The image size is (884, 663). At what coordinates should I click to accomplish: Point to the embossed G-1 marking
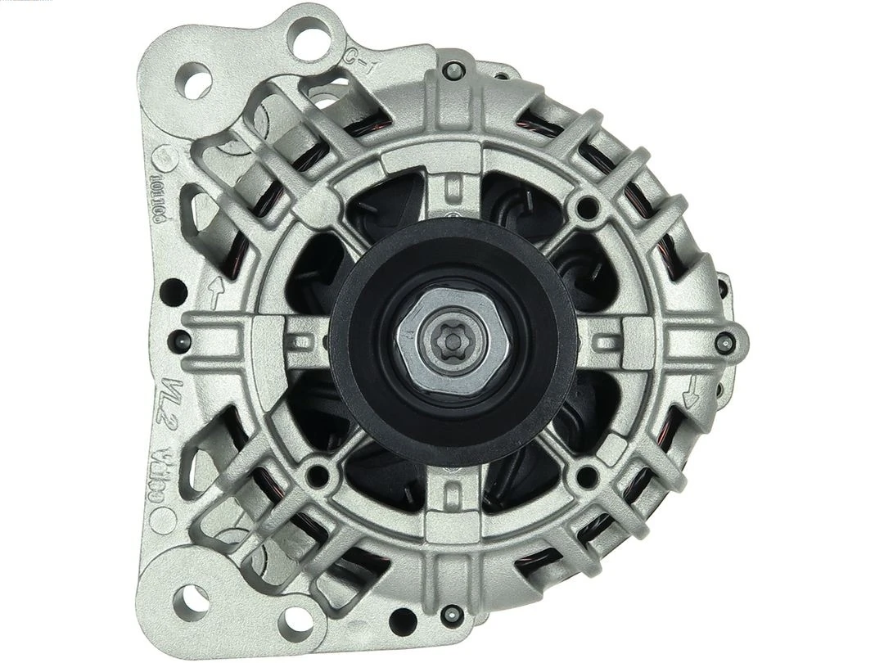pos(360,62)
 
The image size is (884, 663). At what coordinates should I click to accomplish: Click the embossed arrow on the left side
pos(216,291)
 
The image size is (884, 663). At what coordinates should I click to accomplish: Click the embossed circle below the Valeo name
pos(169,516)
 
